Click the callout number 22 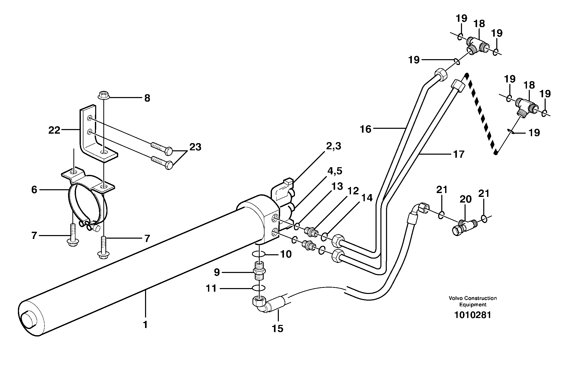pyautogui.click(x=54, y=130)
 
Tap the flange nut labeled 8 pyautogui.click(x=104, y=96)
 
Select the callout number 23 pyautogui.click(x=195, y=147)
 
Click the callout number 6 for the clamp pyautogui.click(x=34, y=190)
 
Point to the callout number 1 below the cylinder pyautogui.click(x=145, y=325)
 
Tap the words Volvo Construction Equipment pyautogui.click(x=472, y=301)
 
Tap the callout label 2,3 pyautogui.click(x=334, y=147)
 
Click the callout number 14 pyautogui.click(x=367, y=198)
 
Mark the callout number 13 pyautogui.click(x=337, y=186)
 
